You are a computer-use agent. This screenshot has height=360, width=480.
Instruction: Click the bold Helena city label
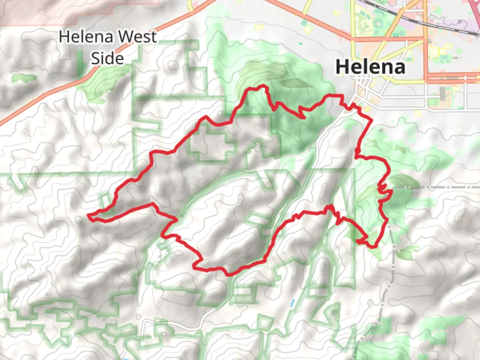click(x=370, y=67)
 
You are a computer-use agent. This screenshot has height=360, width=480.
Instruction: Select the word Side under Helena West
click(x=107, y=58)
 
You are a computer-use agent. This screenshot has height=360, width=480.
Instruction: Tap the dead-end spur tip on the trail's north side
click(x=304, y=117)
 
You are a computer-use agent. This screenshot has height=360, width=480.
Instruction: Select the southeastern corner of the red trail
click(x=373, y=247)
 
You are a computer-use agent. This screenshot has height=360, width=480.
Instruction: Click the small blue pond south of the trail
click(x=292, y=303)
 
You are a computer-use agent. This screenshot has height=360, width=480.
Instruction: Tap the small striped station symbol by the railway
click(x=460, y=22)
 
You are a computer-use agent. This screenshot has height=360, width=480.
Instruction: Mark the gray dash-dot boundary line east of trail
click(x=433, y=188)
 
